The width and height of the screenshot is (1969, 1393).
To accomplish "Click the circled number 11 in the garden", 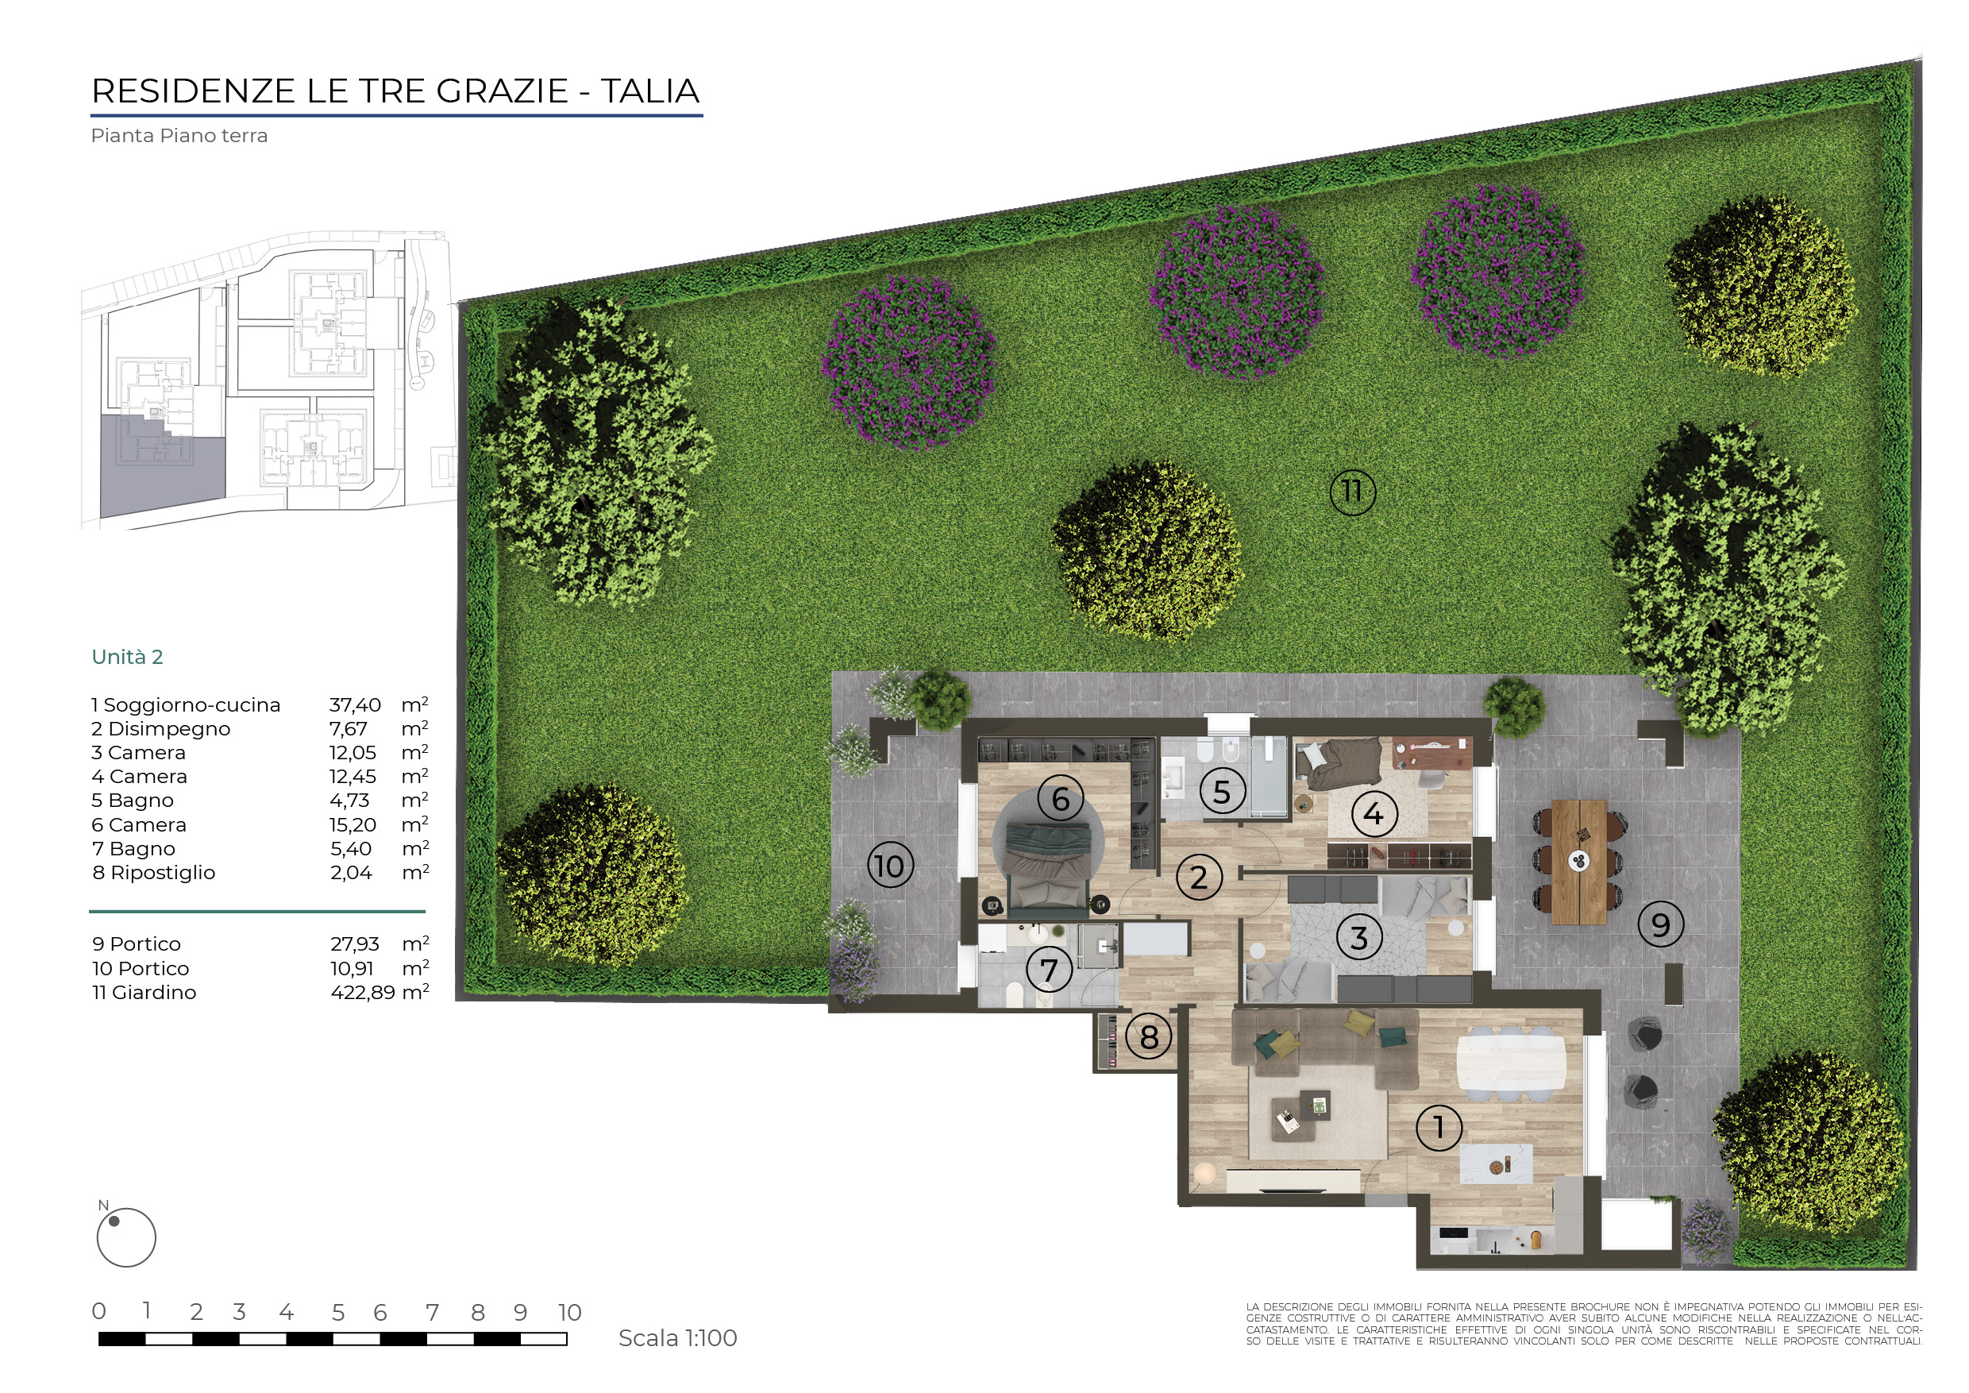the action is (x=1352, y=492).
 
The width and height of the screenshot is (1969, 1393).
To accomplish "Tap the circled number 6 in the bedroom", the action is (x=1061, y=799).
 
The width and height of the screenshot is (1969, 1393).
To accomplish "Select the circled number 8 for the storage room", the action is (x=1149, y=1037).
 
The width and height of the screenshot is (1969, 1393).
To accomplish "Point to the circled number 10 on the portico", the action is (x=890, y=865).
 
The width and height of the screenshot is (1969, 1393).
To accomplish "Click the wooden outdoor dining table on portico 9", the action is (x=1579, y=861).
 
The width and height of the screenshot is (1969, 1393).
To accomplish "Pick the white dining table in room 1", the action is (x=1511, y=1063).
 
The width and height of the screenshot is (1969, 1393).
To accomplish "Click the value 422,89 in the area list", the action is (x=363, y=993).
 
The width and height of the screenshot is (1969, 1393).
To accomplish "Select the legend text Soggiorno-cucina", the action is (x=192, y=705).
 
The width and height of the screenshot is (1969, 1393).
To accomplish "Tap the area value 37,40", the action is (x=355, y=705).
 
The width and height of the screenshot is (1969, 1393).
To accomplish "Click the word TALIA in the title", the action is (x=650, y=91).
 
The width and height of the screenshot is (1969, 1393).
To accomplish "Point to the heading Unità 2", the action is (x=127, y=657).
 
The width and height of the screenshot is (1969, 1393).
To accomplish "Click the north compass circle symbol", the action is (x=126, y=1238).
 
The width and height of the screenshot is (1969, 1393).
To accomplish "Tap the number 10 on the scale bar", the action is (x=569, y=1312).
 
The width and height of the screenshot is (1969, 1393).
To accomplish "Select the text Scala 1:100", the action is (x=677, y=1338).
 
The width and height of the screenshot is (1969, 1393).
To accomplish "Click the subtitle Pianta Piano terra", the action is (x=179, y=136).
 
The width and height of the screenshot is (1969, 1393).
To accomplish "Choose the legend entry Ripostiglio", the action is (x=163, y=873).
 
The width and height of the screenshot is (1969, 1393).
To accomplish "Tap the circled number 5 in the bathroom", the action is (x=1222, y=791).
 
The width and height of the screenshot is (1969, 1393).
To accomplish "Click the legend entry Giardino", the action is (x=154, y=993).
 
